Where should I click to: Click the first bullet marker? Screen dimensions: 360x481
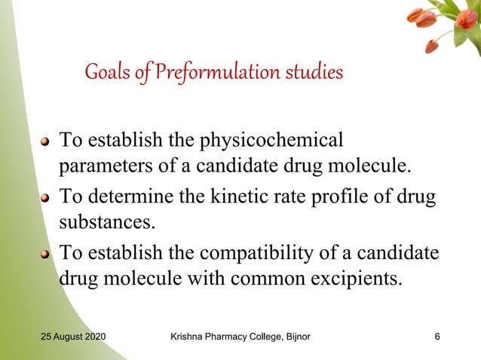click(x=45, y=141)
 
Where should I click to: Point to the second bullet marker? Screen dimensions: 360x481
click(x=45, y=198)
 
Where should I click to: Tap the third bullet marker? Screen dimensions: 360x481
click(x=45, y=254)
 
